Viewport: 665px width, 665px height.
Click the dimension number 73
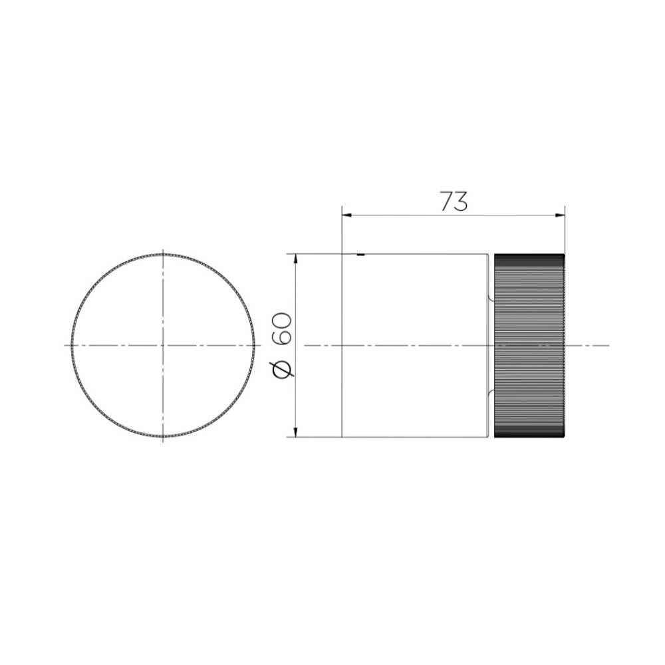454,201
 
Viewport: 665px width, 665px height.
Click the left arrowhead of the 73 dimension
347,215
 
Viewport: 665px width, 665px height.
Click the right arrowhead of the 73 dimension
560,215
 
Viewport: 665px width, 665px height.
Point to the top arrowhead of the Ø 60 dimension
296,259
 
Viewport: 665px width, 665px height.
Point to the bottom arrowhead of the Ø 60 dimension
296,432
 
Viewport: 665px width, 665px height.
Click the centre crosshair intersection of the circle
164,345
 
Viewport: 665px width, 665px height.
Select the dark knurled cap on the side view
529,346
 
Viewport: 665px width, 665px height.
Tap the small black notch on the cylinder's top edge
360,255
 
